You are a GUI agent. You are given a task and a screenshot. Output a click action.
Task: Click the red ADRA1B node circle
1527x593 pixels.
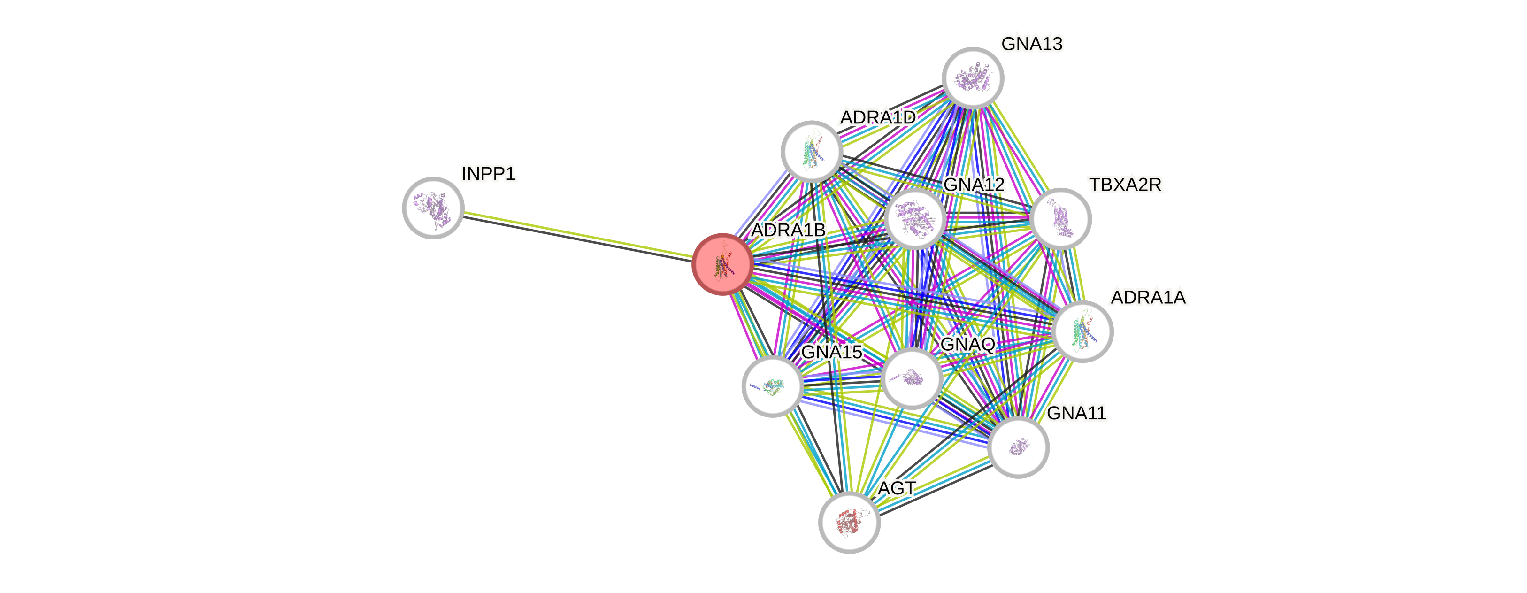click(722, 264)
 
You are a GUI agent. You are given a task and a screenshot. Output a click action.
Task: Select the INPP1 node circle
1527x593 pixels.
click(433, 208)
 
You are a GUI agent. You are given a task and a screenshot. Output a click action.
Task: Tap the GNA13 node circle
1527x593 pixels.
click(973, 77)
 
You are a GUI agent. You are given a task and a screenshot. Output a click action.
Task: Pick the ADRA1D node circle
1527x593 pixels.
click(812, 151)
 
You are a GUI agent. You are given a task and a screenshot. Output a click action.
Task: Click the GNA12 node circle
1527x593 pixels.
click(915, 219)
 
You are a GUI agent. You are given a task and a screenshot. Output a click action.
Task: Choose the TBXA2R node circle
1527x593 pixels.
click(1060, 218)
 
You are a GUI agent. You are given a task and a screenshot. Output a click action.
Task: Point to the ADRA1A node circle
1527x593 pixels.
click(1083, 331)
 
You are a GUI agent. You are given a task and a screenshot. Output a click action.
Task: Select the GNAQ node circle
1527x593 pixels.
click(912, 378)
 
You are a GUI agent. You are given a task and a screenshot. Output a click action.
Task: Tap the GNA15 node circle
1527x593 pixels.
click(772, 386)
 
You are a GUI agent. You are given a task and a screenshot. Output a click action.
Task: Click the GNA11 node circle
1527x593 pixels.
click(1019, 447)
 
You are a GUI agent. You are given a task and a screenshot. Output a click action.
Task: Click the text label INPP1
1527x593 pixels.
click(489, 174)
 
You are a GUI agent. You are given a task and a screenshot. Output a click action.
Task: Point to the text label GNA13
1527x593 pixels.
click(1031, 43)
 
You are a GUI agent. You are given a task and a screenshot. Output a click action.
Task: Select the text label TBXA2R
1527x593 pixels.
click(1125, 185)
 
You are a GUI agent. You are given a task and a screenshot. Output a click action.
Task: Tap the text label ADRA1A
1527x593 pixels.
click(1148, 297)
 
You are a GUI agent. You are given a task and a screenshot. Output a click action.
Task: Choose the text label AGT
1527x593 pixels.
click(897, 488)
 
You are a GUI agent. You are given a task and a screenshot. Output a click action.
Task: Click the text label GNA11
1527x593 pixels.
click(1076, 413)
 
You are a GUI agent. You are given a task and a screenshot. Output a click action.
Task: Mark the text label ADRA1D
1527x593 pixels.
click(877, 117)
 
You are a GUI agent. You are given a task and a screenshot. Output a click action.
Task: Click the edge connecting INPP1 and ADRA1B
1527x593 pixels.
click(578, 236)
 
